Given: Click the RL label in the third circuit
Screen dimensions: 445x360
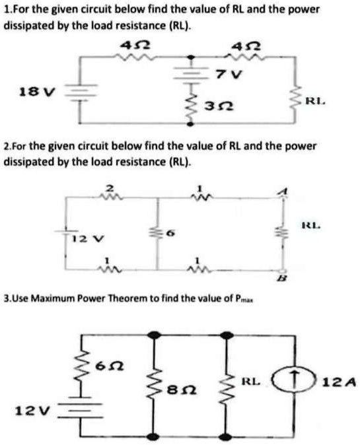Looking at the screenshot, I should (253, 381).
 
